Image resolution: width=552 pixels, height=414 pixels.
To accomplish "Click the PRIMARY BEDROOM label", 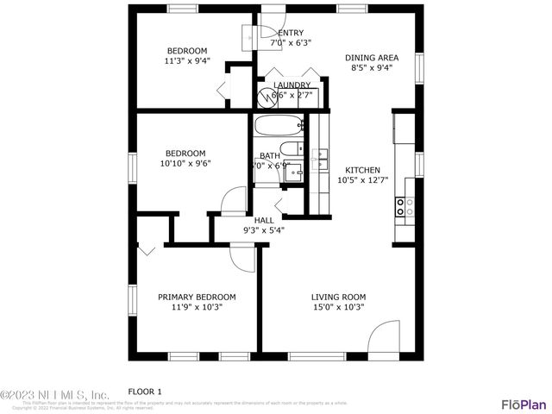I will (196, 297).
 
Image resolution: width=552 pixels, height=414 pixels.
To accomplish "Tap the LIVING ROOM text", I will (338, 297).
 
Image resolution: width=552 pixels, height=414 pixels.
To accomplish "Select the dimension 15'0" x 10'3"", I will (338, 307).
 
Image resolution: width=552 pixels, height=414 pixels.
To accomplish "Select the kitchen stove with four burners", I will (404, 206).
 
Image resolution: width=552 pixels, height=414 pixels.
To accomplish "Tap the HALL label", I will (264, 220).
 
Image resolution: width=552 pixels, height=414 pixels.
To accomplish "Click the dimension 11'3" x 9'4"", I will (188, 61).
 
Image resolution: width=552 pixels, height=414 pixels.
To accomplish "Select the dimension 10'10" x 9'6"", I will (185, 163).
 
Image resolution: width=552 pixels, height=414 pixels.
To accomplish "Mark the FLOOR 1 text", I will (145, 390).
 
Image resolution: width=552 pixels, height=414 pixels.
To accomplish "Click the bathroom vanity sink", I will (296, 172).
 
